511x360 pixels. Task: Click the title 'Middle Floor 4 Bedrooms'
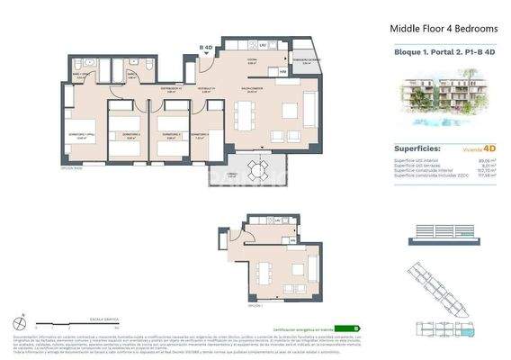click(x=437, y=29)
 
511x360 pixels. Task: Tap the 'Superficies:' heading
click(x=418, y=149)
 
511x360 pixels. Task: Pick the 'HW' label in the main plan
click(x=282, y=71)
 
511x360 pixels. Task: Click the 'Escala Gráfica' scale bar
click(x=82, y=323)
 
